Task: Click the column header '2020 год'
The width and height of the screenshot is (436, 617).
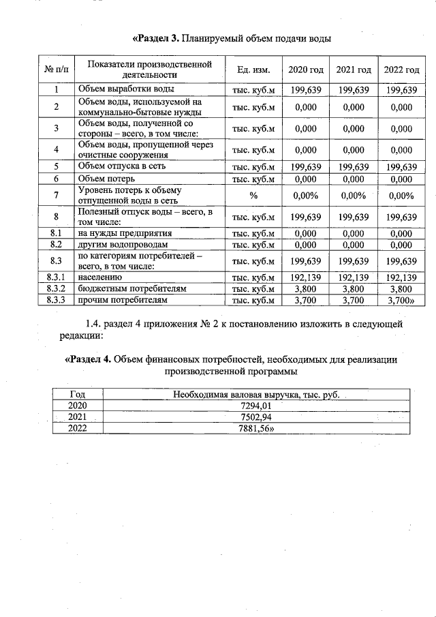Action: coord(305,70)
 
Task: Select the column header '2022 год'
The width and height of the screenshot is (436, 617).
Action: coord(401,70)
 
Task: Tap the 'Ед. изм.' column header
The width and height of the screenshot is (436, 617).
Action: coord(253,70)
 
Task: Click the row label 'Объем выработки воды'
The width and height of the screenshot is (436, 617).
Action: coord(126,89)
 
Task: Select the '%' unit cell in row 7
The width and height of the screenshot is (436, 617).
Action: coord(253,196)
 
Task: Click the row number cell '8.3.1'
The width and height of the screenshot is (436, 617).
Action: coord(57,277)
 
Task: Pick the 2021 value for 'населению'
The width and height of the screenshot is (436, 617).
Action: coord(354,277)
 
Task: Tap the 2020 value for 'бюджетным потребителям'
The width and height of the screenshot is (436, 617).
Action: coord(305,288)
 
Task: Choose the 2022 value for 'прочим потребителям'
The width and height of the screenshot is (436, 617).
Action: coord(401,299)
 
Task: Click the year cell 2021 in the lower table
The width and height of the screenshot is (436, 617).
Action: coord(78,417)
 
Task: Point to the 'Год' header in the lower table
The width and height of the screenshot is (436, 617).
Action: coord(78,395)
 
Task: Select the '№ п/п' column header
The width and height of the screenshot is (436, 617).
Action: coord(57,70)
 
